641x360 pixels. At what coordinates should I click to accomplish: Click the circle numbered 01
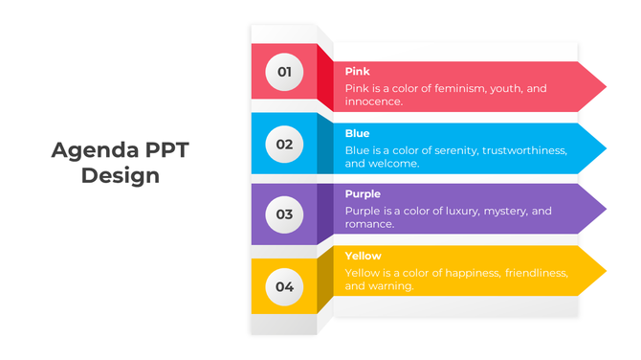pos(284,72)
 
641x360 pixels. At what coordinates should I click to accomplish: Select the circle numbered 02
pos(284,145)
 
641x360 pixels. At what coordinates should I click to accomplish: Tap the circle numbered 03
pos(284,214)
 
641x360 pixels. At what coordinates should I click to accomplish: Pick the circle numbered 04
pos(284,286)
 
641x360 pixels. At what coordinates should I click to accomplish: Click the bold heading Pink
pos(357,72)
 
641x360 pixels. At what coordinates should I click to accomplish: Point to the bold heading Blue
pos(357,134)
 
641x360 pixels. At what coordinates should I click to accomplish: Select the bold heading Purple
pos(363,194)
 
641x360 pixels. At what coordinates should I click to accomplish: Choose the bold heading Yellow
pos(363,257)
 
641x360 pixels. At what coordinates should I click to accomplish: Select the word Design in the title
pos(121,176)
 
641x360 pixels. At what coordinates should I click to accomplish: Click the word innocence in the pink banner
pos(373,101)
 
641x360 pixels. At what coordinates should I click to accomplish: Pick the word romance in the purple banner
pos(369,224)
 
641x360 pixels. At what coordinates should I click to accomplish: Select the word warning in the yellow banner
pos(390,286)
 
